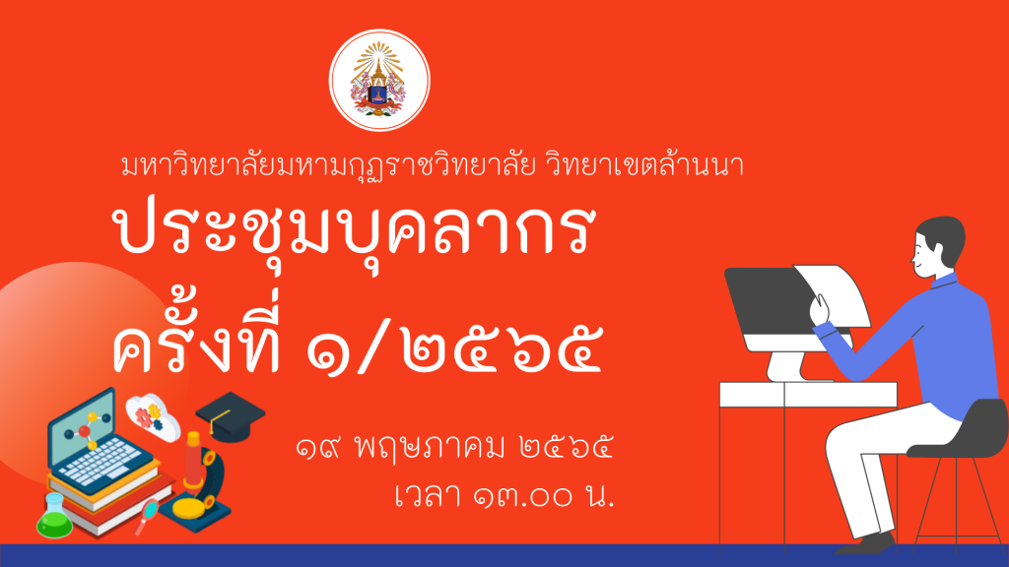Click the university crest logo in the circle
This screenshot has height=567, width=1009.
[379, 80]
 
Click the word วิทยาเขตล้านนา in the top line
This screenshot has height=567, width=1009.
[644, 164]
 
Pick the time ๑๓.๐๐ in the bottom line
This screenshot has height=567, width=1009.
[522, 497]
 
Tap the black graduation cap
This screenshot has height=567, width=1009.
[230, 416]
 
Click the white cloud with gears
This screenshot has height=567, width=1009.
[153, 416]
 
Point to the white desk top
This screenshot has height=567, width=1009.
[808, 394]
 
